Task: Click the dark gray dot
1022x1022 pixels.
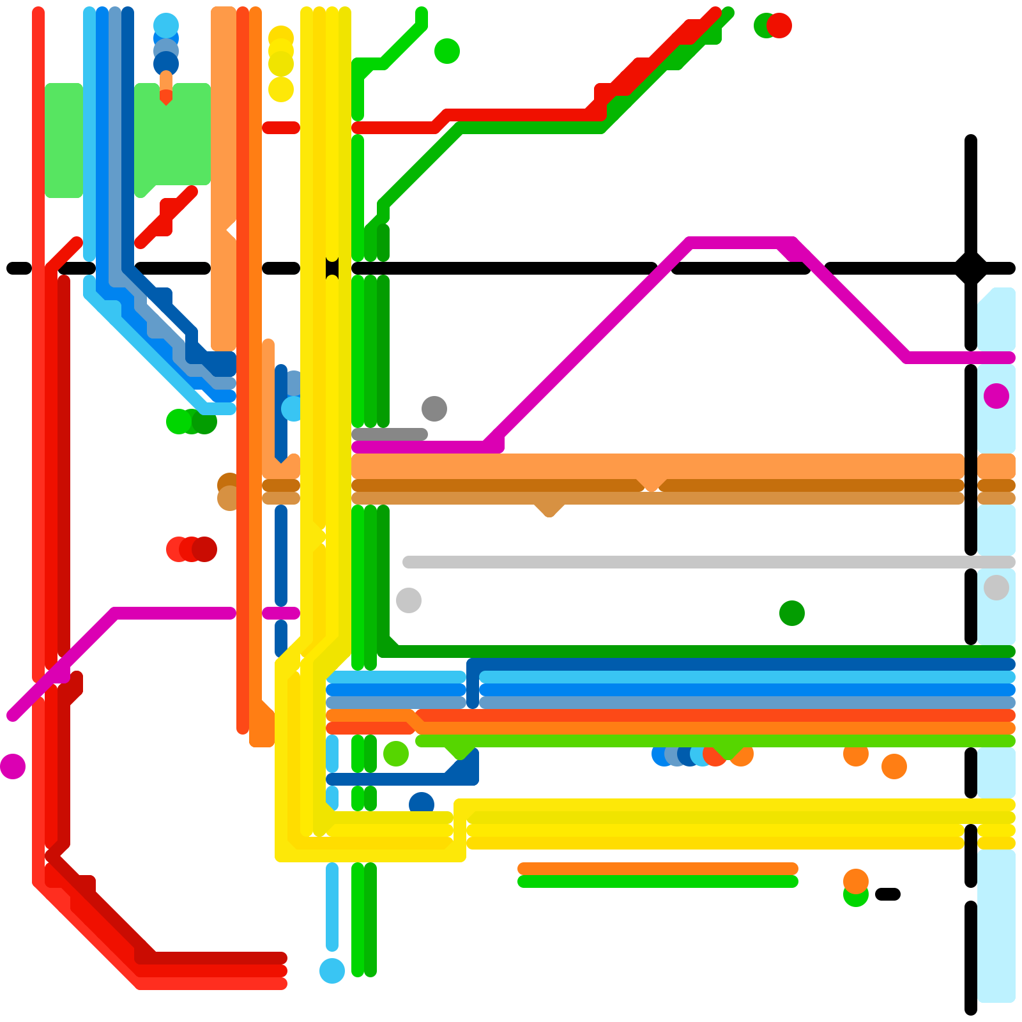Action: [x=434, y=409]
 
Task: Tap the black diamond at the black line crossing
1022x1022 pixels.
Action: [x=971, y=268]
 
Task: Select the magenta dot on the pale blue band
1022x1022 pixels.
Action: [x=996, y=396]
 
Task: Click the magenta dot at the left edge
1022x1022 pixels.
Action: [x=13, y=766]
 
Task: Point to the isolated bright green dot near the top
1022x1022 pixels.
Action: [x=447, y=51]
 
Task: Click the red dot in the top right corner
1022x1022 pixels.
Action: [x=779, y=26]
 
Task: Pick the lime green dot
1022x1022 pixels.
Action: [x=396, y=754]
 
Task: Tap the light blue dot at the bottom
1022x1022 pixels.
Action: [x=332, y=971]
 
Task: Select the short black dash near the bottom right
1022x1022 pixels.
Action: [x=888, y=894]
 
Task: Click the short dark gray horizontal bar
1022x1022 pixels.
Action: [x=390, y=434]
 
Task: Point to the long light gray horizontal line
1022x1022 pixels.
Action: [x=703, y=562]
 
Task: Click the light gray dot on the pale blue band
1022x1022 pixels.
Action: [x=996, y=588]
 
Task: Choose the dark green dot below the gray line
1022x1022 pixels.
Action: [x=792, y=613]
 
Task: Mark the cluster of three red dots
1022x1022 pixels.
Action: [x=192, y=549]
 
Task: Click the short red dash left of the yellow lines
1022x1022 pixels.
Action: [x=281, y=128]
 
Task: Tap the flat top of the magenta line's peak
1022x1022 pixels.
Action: [x=741, y=243]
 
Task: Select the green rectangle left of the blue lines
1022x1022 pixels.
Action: [x=64, y=141]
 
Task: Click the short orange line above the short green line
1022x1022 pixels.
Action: [x=658, y=869]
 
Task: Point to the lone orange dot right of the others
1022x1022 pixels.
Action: [x=894, y=766]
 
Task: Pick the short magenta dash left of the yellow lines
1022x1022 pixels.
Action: [x=281, y=613]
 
